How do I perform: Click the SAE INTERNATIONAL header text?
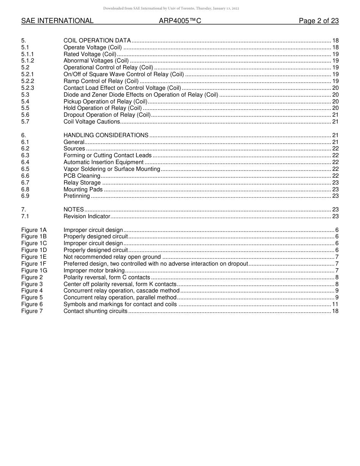click(57, 21)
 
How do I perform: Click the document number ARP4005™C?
click(180, 21)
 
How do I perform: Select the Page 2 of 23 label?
click(319, 21)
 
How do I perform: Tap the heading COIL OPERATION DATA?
click(97, 41)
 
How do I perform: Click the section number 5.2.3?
click(28, 88)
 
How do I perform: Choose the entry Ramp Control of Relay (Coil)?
click(101, 81)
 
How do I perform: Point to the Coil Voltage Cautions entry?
click(92, 122)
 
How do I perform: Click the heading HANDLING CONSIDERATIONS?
click(106, 135)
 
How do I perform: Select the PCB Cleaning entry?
click(82, 176)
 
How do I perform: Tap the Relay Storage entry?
click(82, 183)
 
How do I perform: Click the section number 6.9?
click(25, 196)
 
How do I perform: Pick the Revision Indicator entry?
click(87, 216)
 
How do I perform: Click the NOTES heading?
click(74, 210)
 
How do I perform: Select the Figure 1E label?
click(34, 257)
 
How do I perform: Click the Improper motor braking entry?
click(94, 271)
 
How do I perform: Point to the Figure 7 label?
click(32, 311)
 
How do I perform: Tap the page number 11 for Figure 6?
click(335, 304)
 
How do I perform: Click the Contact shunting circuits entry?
click(95, 311)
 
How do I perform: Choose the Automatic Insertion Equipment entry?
click(103, 162)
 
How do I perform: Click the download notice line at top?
click(171, 8)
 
